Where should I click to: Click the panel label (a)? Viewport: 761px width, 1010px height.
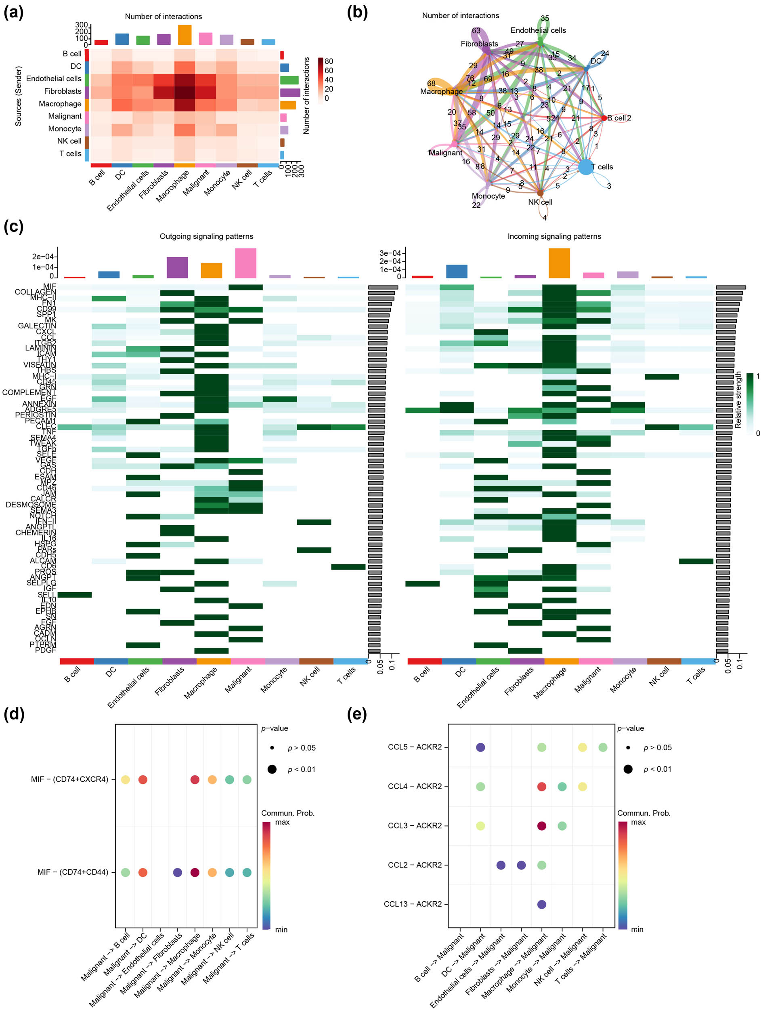[x=13, y=13]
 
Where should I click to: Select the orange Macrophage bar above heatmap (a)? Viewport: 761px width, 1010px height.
[x=184, y=35]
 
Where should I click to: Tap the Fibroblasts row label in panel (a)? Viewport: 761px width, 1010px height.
[x=63, y=91]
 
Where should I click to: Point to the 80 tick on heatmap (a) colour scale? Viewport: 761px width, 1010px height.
[x=329, y=61]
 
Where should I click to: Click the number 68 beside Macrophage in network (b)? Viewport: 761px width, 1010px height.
[x=431, y=83]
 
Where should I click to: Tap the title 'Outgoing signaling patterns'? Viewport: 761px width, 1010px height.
[x=206, y=236]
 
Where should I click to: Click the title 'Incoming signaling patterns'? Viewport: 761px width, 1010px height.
[x=554, y=236]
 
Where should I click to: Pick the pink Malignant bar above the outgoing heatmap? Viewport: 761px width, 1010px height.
[x=245, y=263]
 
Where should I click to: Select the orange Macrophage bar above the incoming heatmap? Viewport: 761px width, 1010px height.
[x=559, y=263]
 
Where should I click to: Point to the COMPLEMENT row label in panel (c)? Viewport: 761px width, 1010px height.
[x=29, y=392]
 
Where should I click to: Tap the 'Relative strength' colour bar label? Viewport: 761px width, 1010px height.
[x=738, y=400]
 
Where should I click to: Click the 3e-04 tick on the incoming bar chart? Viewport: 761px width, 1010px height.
[x=390, y=253]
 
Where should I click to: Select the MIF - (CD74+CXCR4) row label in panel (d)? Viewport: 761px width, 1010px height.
[x=69, y=779]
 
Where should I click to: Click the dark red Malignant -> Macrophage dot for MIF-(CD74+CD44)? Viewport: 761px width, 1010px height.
[x=195, y=872]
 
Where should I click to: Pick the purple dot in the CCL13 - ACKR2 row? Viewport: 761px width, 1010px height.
[x=541, y=904]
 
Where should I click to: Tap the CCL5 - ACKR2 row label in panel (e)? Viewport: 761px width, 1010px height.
[x=414, y=747]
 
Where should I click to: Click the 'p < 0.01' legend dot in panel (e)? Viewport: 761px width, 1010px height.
[x=628, y=769]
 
